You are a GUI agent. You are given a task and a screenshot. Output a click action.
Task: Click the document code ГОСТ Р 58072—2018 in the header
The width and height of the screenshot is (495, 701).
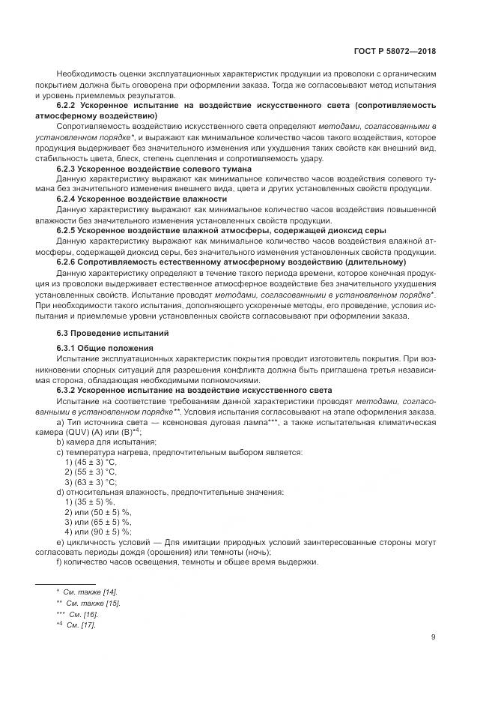click(x=395, y=52)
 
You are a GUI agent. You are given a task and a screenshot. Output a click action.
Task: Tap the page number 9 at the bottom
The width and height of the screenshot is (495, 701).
click(x=434, y=638)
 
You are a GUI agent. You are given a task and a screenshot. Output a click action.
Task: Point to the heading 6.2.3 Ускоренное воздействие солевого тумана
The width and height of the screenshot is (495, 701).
click(x=154, y=169)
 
